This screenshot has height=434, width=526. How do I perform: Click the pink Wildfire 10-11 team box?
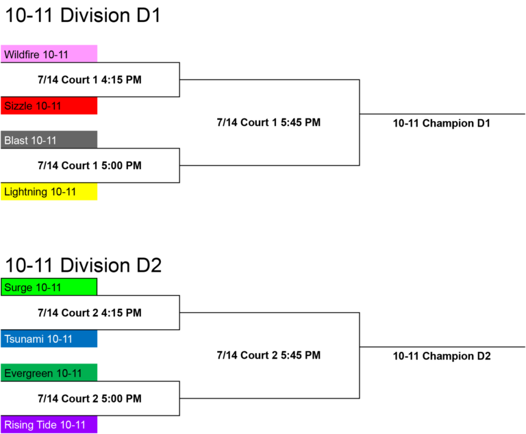tap(49, 53)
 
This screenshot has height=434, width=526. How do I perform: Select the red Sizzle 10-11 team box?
tap(49, 105)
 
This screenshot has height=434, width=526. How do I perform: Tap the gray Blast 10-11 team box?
tap(49, 140)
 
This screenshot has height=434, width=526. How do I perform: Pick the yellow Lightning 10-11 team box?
tap(49, 192)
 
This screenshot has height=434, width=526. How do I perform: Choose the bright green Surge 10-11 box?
tap(49, 287)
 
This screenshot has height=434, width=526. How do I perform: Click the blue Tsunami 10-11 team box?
tap(49, 339)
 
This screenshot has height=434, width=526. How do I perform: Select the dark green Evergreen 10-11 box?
tap(49, 372)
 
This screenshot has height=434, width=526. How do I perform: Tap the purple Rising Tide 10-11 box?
tap(49, 424)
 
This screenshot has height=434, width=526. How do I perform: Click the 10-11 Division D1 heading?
tap(83, 16)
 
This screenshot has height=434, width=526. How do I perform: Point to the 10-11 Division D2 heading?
tap(83, 266)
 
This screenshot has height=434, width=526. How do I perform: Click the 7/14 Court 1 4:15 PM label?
tap(90, 80)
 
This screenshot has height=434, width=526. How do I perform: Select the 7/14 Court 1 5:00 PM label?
tap(90, 166)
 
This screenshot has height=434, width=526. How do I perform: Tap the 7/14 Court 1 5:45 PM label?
tap(268, 123)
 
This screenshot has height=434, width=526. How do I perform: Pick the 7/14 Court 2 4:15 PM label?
tap(90, 313)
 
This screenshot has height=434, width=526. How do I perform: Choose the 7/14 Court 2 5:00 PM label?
tap(90, 398)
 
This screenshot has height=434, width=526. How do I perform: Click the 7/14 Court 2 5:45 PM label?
tap(268, 355)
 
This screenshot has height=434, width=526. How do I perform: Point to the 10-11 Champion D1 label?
tap(442, 123)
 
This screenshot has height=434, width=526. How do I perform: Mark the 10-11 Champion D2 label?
tap(442, 356)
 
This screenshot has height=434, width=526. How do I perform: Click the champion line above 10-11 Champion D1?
tap(442, 114)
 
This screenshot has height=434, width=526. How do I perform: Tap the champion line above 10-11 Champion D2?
tap(442, 347)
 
